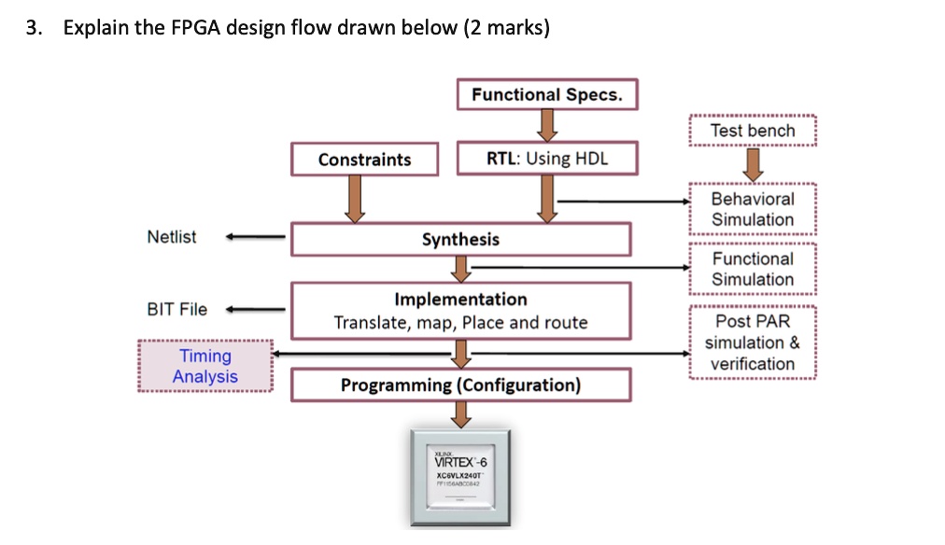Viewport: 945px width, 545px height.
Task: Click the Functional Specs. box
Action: point(546,94)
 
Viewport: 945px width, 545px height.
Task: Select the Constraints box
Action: point(364,159)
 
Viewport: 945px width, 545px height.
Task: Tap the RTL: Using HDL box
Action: point(546,158)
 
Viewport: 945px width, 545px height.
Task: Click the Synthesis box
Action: point(460,240)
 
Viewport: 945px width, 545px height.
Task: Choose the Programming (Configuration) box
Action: point(460,385)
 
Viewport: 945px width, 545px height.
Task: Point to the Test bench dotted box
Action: point(753,131)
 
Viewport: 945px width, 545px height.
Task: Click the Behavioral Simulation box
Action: point(753,209)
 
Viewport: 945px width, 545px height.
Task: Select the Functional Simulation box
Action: point(753,269)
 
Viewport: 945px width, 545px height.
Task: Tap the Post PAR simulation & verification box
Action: point(753,342)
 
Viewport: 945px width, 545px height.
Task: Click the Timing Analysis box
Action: point(205,366)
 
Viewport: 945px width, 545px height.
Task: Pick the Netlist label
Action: point(172,237)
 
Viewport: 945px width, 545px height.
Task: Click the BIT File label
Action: point(177,309)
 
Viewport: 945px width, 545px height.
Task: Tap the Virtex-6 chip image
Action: point(460,475)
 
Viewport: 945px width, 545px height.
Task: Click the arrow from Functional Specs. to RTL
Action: point(546,123)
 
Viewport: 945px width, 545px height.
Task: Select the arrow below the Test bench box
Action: point(753,164)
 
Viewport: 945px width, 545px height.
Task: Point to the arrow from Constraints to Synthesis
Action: point(355,199)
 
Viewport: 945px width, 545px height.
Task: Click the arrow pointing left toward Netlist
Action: point(254,238)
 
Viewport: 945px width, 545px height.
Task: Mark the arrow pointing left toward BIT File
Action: point(254,310)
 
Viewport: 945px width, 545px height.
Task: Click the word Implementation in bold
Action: point(460,300)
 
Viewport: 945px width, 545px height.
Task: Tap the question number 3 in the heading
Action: point(33,28)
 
